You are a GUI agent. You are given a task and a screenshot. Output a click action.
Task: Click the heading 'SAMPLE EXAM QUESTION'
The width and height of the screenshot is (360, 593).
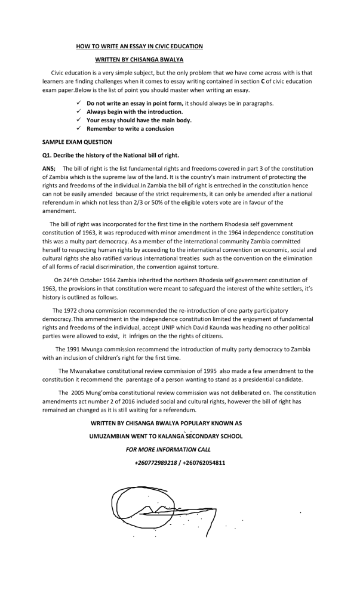point(77,142)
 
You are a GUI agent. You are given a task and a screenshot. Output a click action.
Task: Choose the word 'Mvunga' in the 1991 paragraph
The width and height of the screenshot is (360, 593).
point(96,349)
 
